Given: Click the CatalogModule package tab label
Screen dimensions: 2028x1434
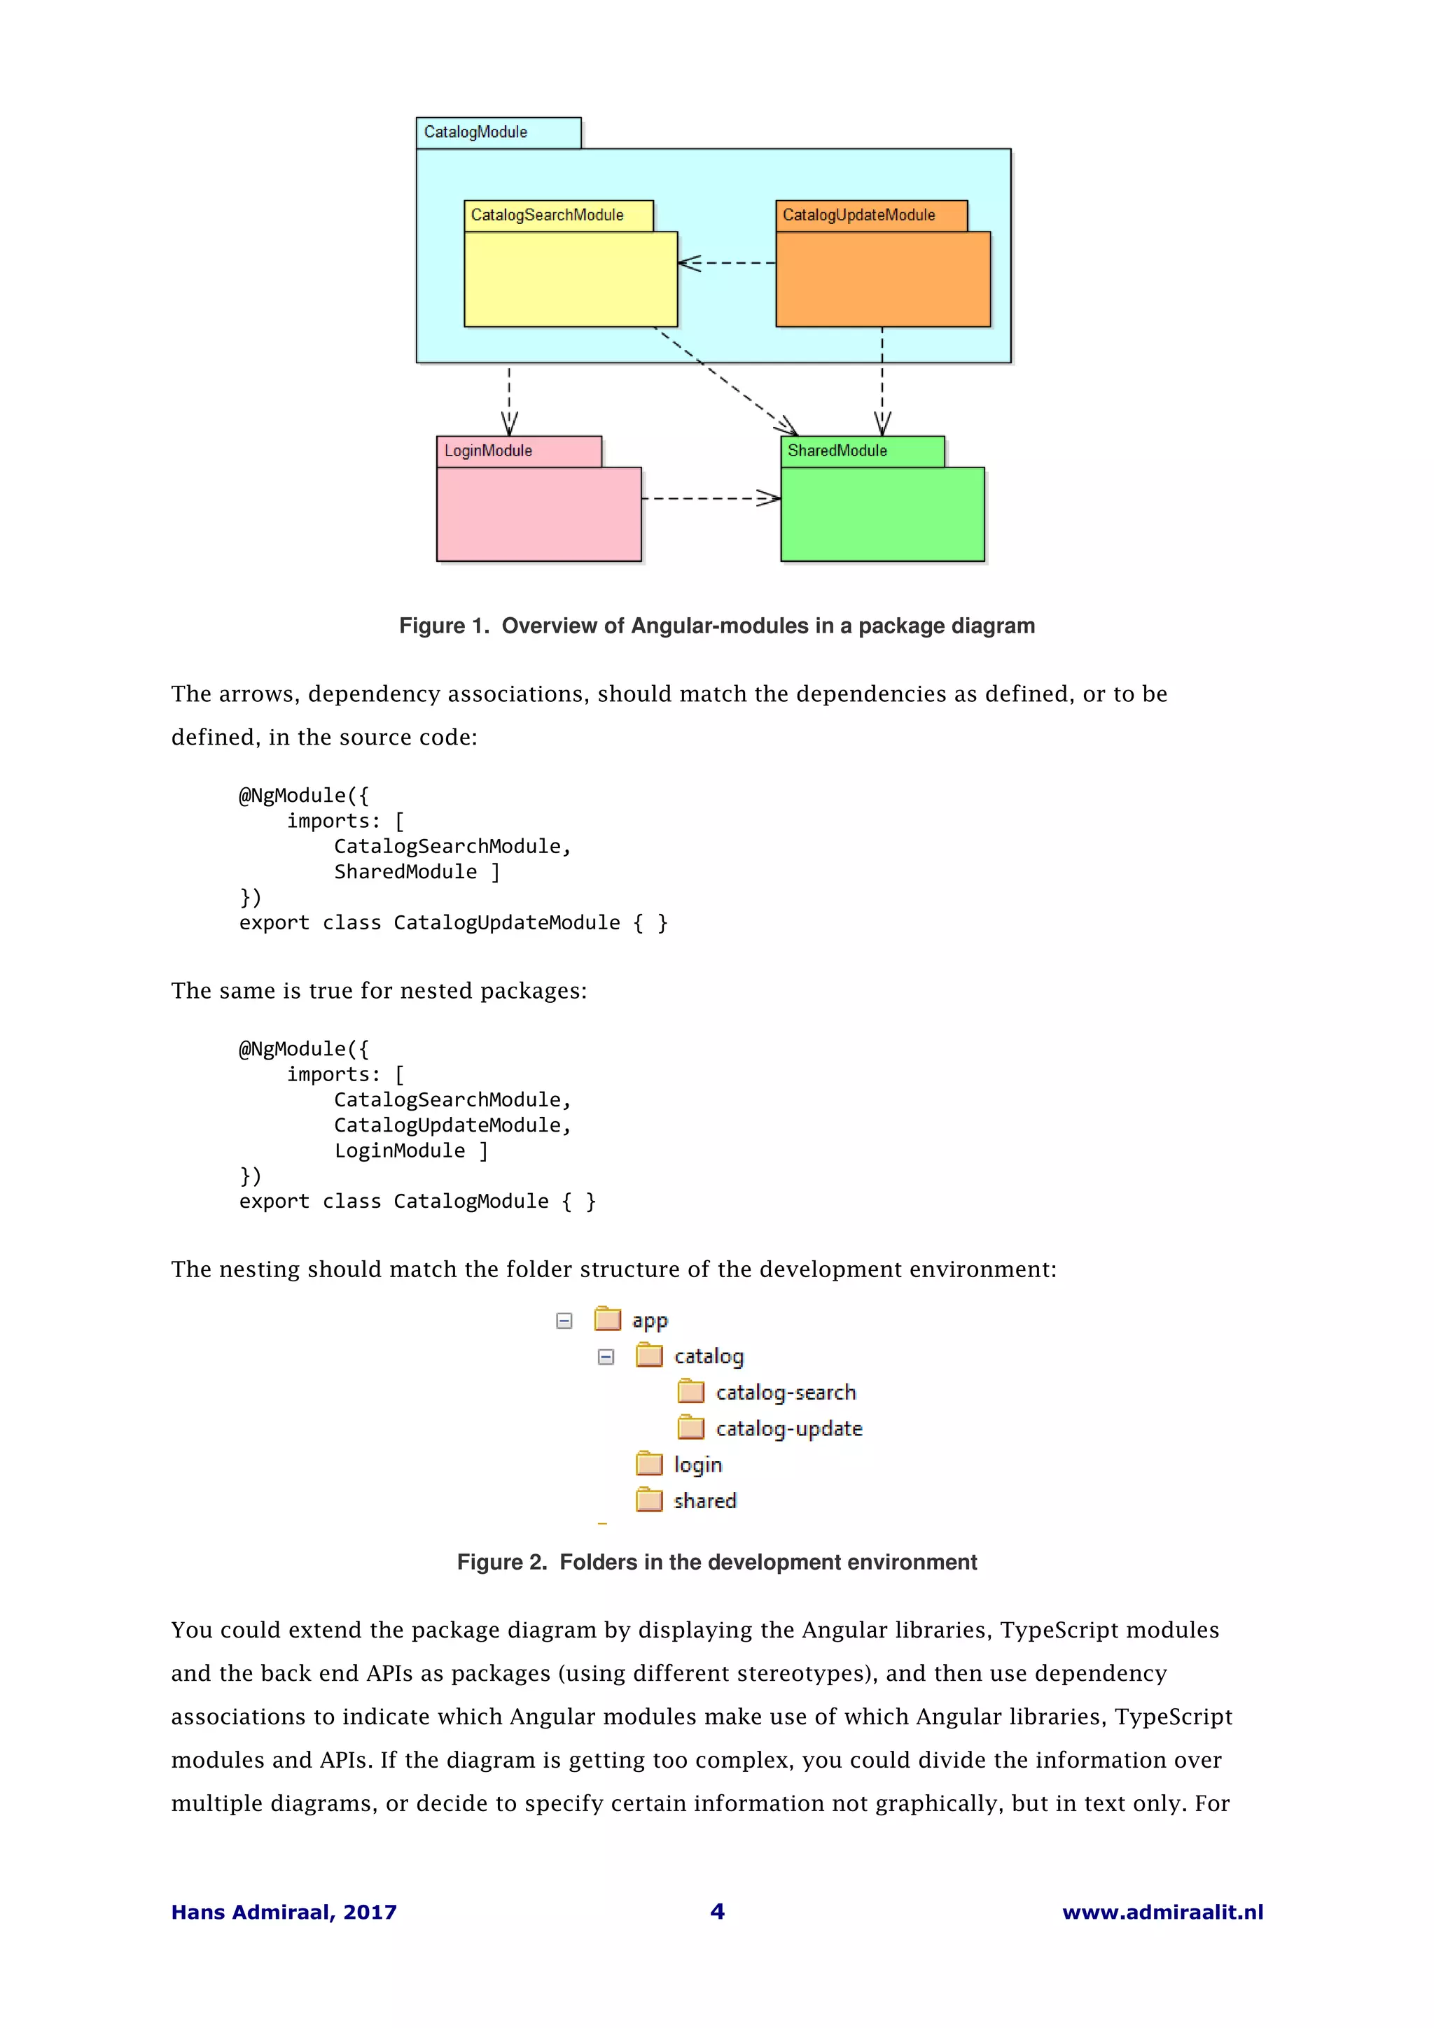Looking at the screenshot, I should click(475, 132).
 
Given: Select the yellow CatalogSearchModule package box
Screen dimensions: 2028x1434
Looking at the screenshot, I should click(570, 279).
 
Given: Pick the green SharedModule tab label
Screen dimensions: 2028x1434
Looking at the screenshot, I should click(837, 451).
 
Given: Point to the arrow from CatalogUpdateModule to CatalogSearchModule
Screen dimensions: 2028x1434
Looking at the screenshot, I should click(726, 263).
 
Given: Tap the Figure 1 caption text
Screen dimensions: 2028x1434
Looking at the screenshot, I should click(716, 626).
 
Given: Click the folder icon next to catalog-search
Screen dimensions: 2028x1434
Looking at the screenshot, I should click(691, 1392).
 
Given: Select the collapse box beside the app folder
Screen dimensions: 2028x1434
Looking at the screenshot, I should click(564, 1321).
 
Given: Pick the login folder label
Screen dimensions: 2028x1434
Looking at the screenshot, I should click(698, 1465).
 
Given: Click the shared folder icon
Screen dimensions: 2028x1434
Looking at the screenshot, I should click(649, 1500).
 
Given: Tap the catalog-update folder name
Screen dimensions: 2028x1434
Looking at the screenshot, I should click(788, 1428).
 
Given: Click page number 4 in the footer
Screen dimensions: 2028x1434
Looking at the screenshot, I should click(716, 1911).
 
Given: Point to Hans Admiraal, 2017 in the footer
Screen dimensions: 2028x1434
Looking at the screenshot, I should click(284, 1913).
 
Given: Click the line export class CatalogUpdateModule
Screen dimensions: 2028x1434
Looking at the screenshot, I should click(453, 922).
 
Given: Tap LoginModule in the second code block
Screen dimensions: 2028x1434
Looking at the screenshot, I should click(399, 1150).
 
